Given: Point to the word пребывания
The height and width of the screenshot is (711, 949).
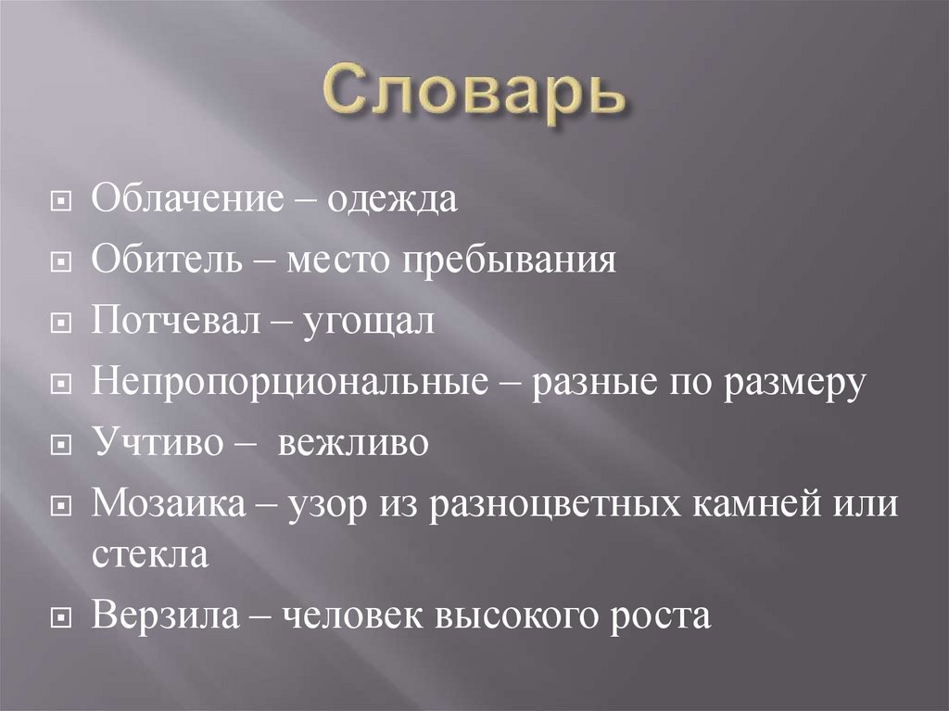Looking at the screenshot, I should point(509,260).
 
